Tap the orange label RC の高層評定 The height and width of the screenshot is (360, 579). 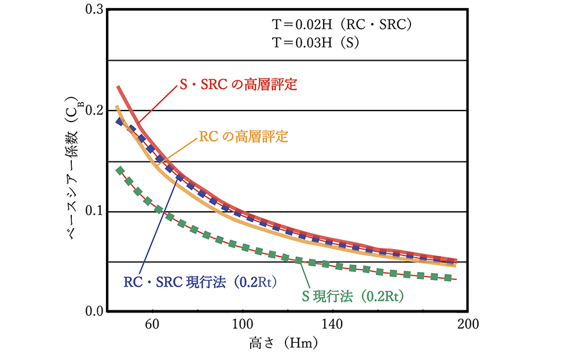point(244,137)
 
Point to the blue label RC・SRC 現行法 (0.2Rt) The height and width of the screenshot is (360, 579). point(200,282)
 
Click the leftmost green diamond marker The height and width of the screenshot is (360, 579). point(120,170)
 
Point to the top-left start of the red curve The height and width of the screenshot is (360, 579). point(119,87)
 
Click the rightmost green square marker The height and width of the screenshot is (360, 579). point(447,278)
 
